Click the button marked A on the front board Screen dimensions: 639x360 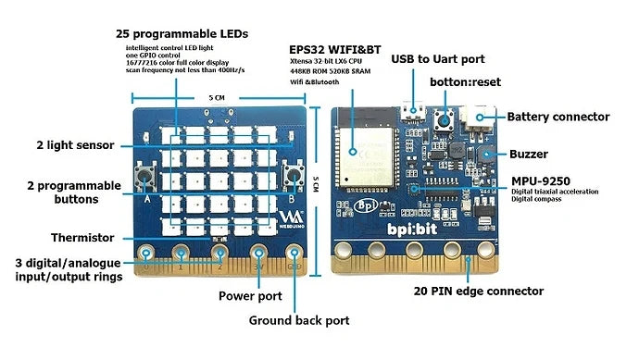tap(147, 176)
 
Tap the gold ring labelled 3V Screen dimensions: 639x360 tap(258, 253)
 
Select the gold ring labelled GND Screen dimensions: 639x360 tap(294, 253)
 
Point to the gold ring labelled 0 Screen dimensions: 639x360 tap(145, 253)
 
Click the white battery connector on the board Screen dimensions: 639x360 tap(482, 118)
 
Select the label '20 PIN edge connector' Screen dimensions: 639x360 tap(477, 291)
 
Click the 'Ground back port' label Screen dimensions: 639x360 tap(299, 321)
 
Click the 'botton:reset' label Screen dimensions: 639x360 tap(465, 81)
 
